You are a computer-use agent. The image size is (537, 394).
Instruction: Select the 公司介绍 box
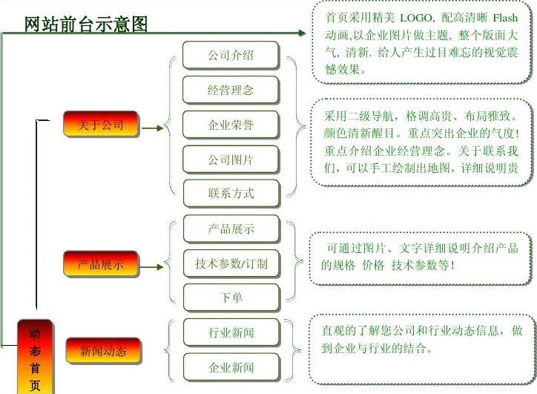tap(231, 56)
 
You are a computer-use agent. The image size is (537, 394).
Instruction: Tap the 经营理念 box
tap(231, 90)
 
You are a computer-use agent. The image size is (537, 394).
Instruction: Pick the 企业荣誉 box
tap(231, 125)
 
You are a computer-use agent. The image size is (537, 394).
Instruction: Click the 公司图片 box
tap(231, 159)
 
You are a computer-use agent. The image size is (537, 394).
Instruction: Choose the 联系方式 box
tap(231, 193)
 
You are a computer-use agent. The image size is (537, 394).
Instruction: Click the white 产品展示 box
tap(231, 229)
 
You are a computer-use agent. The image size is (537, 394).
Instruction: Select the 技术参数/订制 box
tap(231, 263)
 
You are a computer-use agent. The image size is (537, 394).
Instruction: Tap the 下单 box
tap(231, 297)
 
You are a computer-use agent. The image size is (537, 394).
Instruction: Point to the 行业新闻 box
tap(231, 332)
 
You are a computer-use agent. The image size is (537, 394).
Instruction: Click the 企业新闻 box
tap(231, 367)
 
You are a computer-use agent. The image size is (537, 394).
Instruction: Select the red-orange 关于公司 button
tap(101, 125)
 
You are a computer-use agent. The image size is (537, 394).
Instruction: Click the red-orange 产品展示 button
tap(101, 263)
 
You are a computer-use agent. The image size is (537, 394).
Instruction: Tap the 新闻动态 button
tap(102, 350)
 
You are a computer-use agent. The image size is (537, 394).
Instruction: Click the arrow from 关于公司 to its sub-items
tap(152, 128)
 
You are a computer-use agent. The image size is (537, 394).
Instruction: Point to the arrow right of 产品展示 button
tap(152, 265)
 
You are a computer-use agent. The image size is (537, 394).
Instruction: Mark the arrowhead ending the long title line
tap(301, 33)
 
